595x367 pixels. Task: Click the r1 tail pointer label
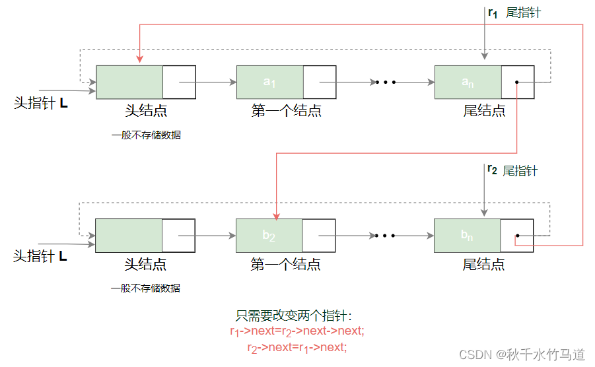[x=514, y=13]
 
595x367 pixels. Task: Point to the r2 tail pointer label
[x=512, y=170]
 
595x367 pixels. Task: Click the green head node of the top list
[x=129, y=82]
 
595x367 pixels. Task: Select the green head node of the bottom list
[x=129, y=235]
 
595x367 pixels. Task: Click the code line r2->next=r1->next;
[x=297, y=347]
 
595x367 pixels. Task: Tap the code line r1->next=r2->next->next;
[x=297, y=331]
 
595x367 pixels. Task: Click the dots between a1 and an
[x=385, y=83]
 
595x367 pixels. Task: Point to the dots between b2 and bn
[x=384, y=236]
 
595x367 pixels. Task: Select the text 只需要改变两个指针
[x=296, y=316]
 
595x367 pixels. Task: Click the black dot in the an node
[x=516, y=83]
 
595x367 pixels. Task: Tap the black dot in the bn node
[x=517, y=236]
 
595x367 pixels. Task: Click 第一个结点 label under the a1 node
[x=286, y=110]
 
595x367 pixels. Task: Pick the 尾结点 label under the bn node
[x=483, y=265]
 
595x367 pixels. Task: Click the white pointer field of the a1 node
[x=320, y=82]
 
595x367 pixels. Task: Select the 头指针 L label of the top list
[x=41, y=104]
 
